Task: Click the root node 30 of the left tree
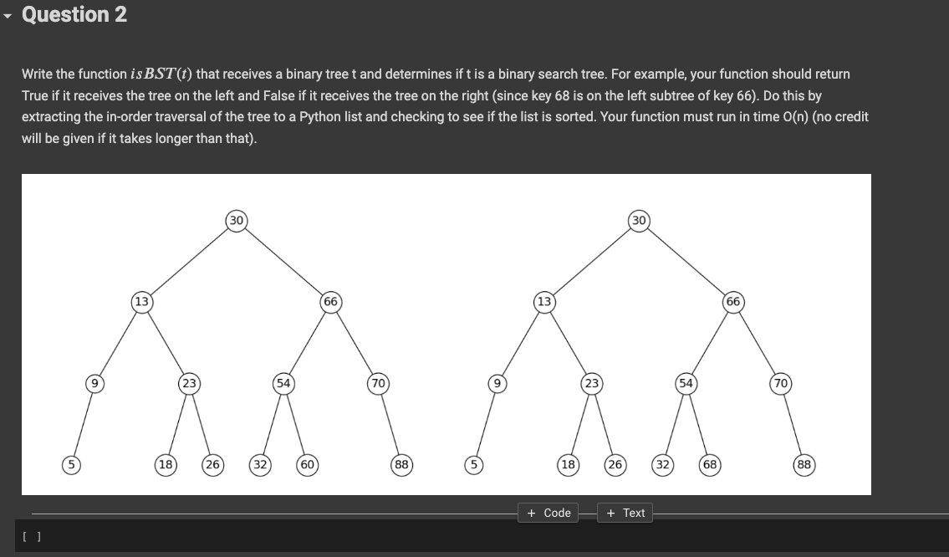coord(236,221)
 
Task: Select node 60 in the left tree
coord(308,464)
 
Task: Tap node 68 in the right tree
coord(710,464)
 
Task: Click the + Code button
coord(548,513)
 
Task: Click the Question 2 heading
coord(74,14)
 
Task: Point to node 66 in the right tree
coord(733,302)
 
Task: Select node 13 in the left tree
coord(141,302)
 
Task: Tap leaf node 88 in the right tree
coord(804,464)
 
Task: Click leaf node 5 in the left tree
coord(71,464)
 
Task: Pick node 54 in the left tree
coord(283,383)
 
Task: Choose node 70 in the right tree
coord(781,383)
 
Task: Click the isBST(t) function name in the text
coord(161,74)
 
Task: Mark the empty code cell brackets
coord(32,536)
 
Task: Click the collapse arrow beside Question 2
coord(8,16)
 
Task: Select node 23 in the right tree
coord(591,383)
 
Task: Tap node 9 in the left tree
coord(94,383)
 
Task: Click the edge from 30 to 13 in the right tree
coord(591,261)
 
